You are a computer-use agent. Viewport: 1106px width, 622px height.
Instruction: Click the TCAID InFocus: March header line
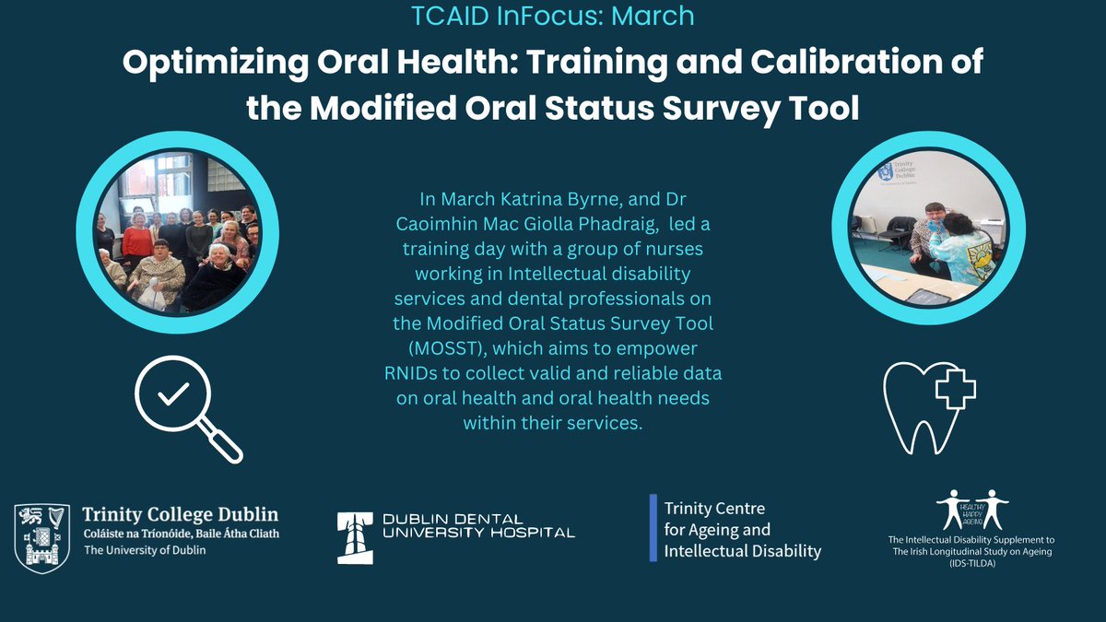[552, 17]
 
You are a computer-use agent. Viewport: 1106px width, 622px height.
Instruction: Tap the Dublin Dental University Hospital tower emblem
[356, 534]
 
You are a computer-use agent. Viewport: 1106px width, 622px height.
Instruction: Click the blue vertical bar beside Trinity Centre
[653, 528]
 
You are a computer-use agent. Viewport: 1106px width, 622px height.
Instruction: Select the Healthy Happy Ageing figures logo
[971, 510]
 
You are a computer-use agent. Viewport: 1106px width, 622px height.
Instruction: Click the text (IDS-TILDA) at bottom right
[971, 564]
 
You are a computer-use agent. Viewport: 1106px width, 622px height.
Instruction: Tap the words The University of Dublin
[145, 550]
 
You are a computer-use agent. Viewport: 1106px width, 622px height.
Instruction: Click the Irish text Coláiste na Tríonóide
[135, 534]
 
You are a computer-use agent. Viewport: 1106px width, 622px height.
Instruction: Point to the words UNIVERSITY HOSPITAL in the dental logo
[455, 532]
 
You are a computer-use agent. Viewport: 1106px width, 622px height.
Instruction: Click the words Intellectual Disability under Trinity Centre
[742, 551]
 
